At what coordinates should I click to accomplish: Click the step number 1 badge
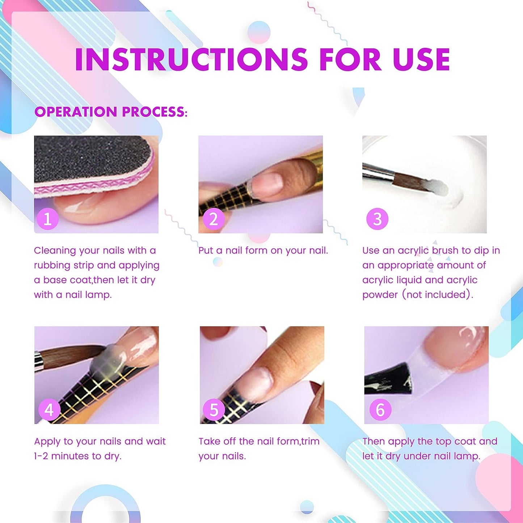pos(47,219)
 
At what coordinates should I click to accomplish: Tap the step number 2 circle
pos(213,219)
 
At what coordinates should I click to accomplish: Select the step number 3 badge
pos(377,219)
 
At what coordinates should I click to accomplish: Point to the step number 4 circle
pos(49,410)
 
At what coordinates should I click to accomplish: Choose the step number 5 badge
pos(214,410)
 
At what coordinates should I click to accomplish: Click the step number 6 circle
pos(380,410)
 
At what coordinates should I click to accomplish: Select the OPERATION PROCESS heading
pos(111,112)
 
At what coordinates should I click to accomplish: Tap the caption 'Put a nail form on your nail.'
pos(263,250)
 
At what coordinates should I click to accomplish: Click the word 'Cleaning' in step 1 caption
pos(55,250)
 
